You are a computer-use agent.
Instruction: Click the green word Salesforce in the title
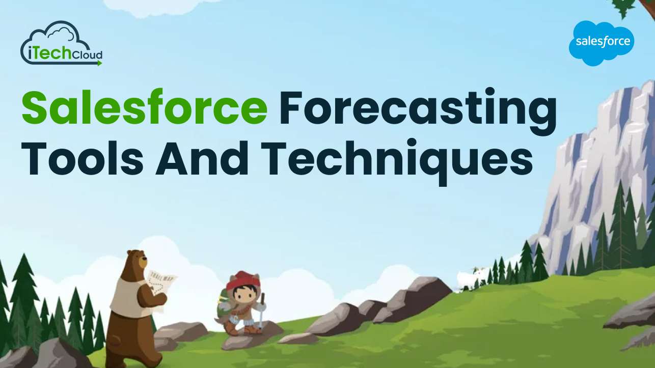(x=144, y=108)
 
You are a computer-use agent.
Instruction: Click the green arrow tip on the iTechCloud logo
(x=100, y=63)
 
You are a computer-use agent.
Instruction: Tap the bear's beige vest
(x=127, y=293)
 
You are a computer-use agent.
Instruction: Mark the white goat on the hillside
(x=468, y=278)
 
